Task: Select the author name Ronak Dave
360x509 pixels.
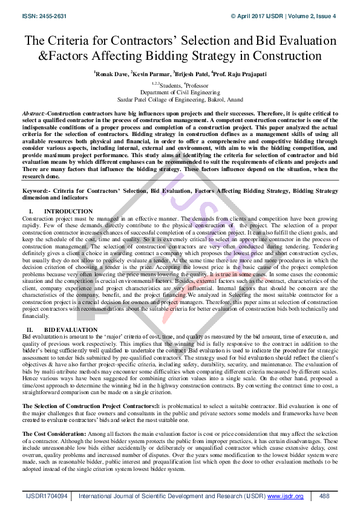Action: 110,74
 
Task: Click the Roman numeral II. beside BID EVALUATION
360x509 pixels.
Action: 28,330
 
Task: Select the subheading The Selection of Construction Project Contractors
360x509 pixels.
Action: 88,406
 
